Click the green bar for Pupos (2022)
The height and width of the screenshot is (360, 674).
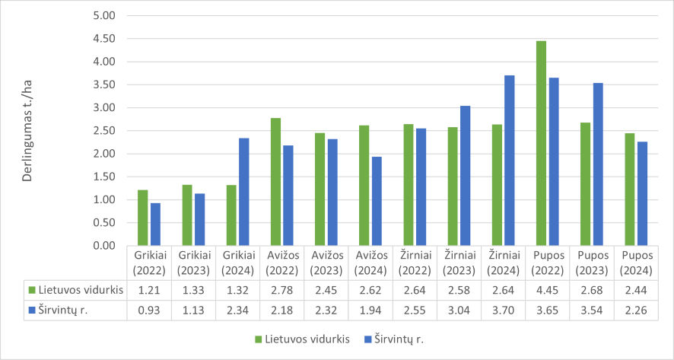pyautogui.click(x=541, y=143)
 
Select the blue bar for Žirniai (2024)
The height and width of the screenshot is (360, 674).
pyautogui.click(x=510, y=161)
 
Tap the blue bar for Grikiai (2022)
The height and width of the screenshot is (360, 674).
pyautogui.click(x=155, y=225)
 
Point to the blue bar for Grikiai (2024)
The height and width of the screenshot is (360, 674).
pyautogui.click(x=244, y=192)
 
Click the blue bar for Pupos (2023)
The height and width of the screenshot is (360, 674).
pyautogui.click(x=598, y=164)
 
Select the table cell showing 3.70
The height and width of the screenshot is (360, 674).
pyautogui.click(x=503, y=310)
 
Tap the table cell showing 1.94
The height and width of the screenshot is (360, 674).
pyautogui.click(x=370, y=310)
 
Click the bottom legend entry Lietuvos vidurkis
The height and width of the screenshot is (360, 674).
pyautogui.click(x=307, y=339)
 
